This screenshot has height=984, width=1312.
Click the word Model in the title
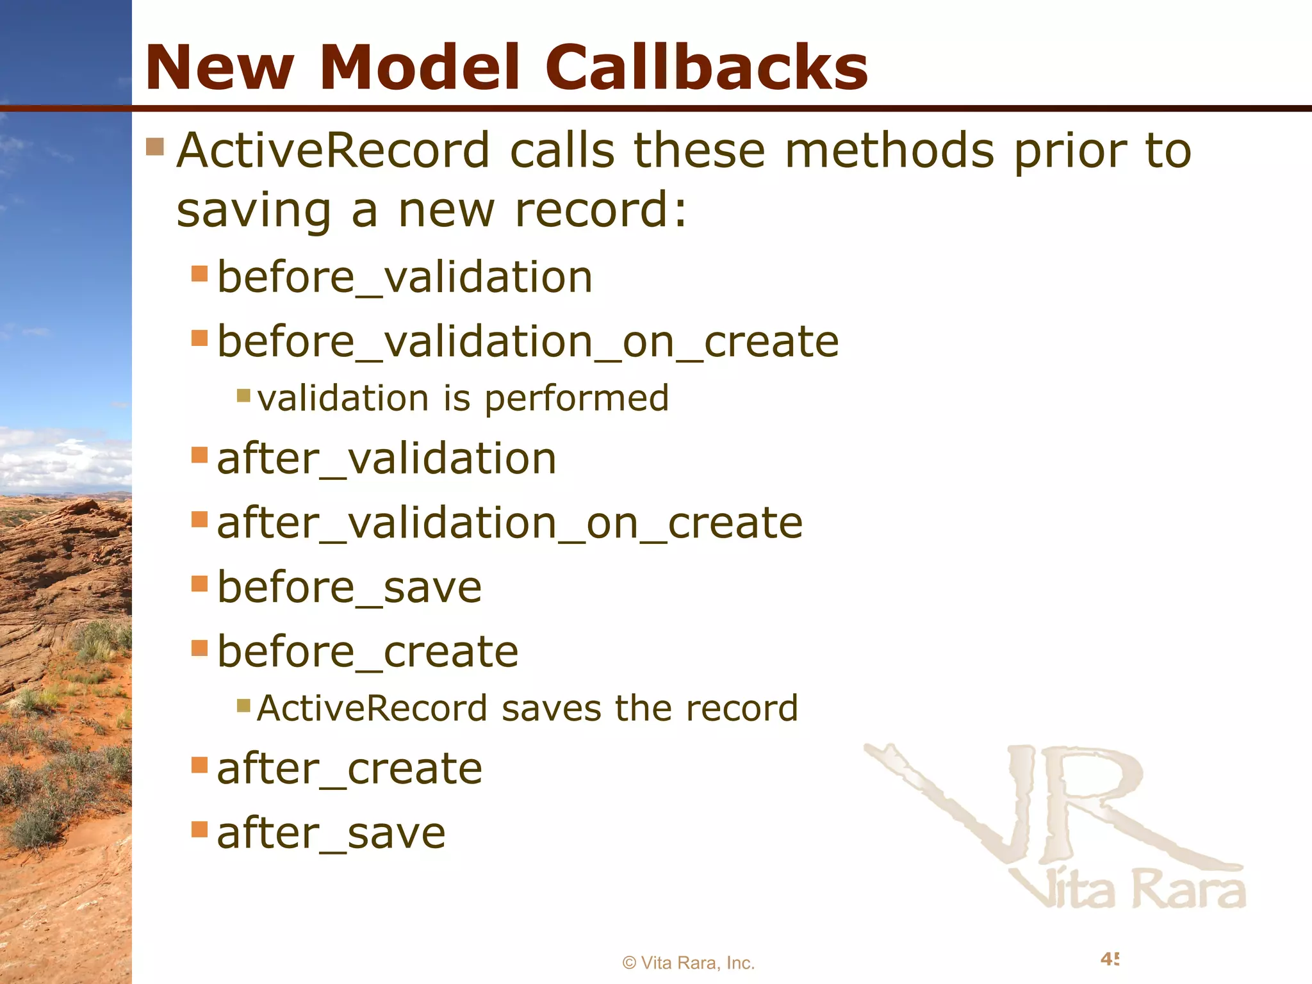[x=424, y=67]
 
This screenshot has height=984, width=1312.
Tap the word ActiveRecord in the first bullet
[x=333, y=151]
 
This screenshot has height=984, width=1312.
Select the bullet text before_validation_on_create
[x=528, y=341]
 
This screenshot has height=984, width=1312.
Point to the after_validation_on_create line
[x=509, y=523]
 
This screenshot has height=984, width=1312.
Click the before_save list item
[x=349, y=587]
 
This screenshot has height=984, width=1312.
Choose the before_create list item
[x=368, y=652]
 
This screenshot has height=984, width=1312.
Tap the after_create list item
[x=349, y=769]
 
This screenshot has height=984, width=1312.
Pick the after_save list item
[x=331, y=833]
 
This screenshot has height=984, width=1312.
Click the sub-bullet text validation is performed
[x=463, y=398]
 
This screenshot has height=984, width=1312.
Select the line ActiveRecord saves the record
[x=527, y=709]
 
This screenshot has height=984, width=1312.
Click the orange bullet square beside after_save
[x=200, y=830]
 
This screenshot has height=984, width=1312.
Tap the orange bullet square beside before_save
[x=200, y=584]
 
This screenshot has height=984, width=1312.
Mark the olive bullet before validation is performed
[x=243, y=395]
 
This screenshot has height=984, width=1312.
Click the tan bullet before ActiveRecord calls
[x=155, y=147]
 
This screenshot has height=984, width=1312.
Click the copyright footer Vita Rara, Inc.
[x=689, y=963]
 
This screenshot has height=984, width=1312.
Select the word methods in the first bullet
[x=889, y=151]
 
